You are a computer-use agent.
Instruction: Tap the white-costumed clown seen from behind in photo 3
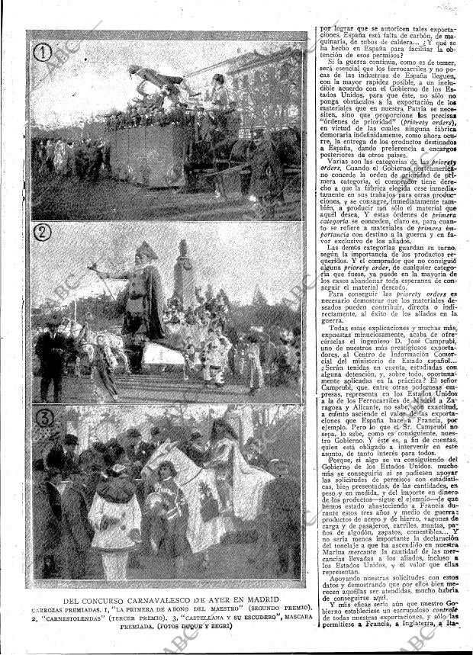coord(114,519)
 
